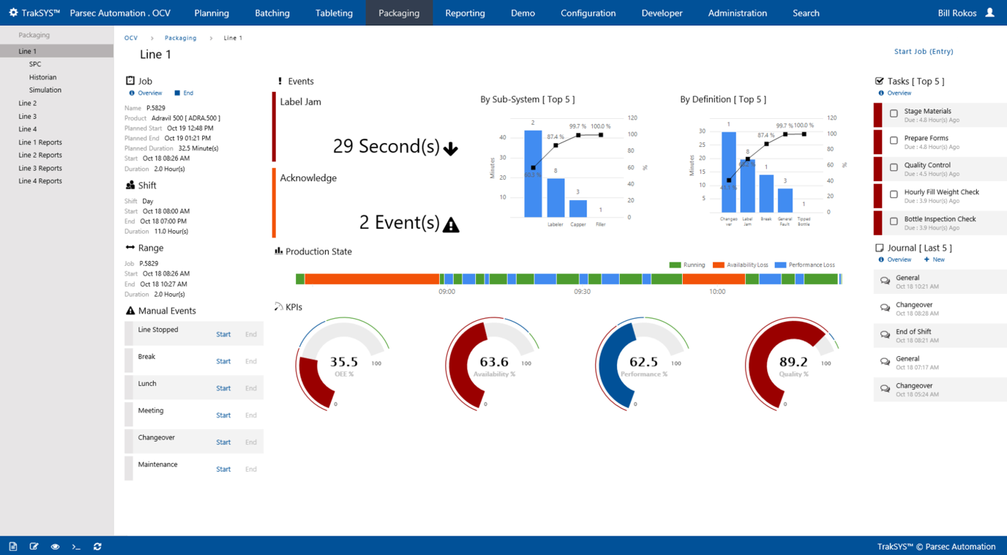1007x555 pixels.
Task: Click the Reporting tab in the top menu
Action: (465, 13)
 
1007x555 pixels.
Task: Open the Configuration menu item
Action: (588, 13)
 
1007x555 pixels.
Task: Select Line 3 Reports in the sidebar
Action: (40, 168)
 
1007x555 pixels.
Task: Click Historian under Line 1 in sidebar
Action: (43, 77)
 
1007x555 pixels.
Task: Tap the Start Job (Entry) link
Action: (923, 52)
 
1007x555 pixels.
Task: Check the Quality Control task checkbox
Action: (894, 168)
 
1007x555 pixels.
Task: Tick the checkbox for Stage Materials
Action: (894, 114)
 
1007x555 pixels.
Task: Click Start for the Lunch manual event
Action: (223, 389)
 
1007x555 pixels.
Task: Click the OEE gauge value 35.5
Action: (344, 362)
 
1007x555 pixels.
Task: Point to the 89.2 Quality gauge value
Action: (793, 362)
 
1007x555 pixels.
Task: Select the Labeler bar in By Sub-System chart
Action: (555, 197)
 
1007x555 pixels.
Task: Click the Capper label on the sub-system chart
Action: (578, 224)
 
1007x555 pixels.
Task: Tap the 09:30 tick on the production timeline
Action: (582, 292)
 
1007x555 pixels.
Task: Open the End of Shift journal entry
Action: (913, 332)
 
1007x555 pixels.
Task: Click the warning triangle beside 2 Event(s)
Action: (451, 225)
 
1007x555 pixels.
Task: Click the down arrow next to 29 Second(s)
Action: (450, 149)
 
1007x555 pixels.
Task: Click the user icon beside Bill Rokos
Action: (990, 13)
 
